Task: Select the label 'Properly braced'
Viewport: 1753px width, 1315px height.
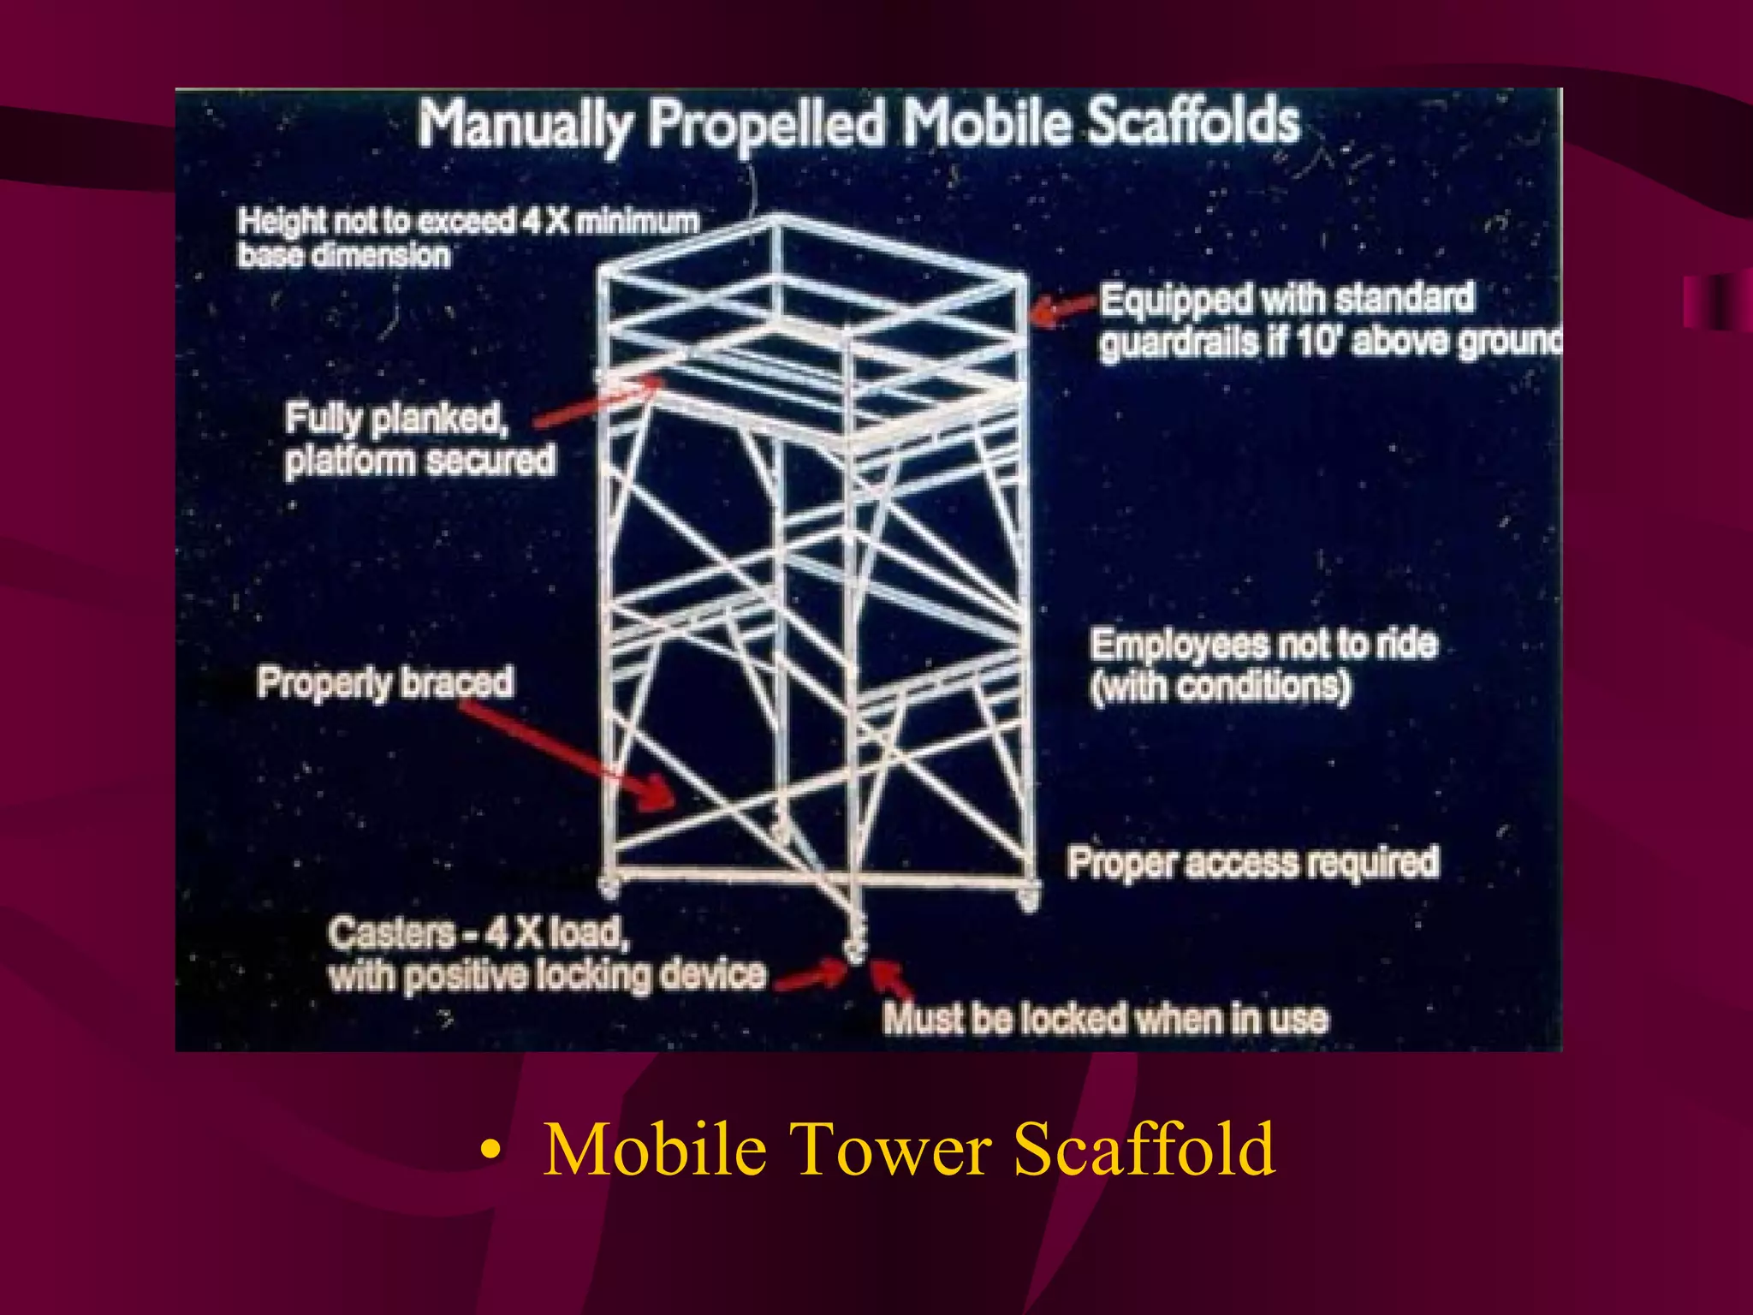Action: tap(385, 683)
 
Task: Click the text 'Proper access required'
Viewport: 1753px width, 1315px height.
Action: tap(1252, 863)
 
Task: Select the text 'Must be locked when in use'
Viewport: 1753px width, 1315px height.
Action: tap(1105, 1019)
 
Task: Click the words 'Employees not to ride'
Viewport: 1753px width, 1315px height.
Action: tap(1263, 645)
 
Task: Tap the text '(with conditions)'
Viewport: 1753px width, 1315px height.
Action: tap(1221, 687)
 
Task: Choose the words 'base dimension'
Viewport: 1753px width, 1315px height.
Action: tap(343, 255)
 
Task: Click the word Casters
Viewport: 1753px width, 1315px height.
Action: tap(391, 932)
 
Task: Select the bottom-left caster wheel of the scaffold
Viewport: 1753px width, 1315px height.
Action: tap(609, 888)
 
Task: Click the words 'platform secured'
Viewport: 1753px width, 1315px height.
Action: tap(419, 461)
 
